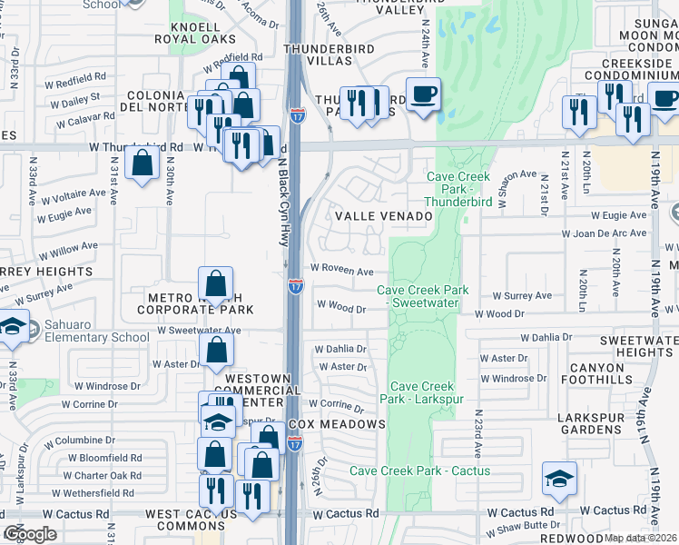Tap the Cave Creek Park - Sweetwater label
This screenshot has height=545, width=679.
(423, 297)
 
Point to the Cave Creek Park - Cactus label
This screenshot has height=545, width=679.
(419, 471)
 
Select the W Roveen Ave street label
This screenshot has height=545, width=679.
(341, 271)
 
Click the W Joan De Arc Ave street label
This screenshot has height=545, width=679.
(604, 233)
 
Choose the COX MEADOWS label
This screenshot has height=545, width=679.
(338, 425)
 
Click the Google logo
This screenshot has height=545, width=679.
(30, 534)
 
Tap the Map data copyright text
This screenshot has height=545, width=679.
(640, 538)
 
